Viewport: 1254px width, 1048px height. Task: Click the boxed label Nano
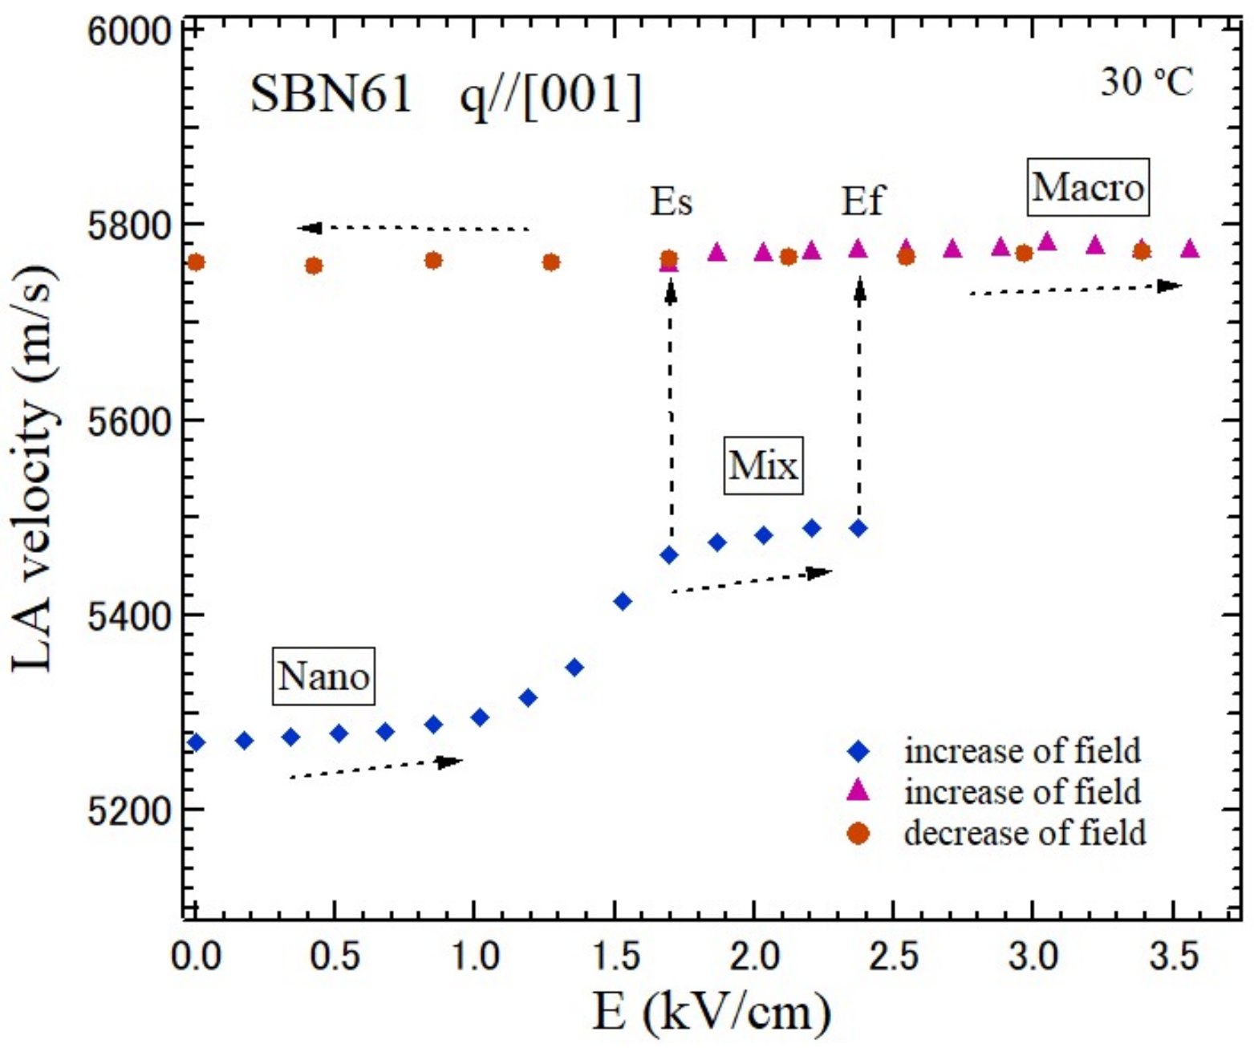click(x=323, y=676)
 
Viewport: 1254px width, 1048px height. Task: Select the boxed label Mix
click(x=763, y=465)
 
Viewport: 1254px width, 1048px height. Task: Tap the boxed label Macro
click(x=1088, y=188)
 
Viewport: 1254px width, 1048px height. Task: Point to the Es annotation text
click(x=671, y=201)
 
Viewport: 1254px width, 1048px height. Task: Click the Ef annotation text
click(x=862, y=201)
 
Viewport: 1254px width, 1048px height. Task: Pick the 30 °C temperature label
click(x=1146, y=82)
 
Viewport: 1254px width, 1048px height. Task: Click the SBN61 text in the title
click(x=331, y=95)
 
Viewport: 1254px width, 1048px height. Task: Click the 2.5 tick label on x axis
click(x=893, y=957)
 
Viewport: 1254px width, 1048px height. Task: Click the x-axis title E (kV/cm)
click(x=711, y=1013)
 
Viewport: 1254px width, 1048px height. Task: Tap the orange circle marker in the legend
click(x=858, y=834)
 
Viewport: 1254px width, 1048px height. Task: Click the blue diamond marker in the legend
click(x=858, y=751)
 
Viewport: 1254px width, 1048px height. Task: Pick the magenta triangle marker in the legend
click(x=858, y=791)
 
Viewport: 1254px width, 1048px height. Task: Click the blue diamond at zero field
click(x=195, y=742)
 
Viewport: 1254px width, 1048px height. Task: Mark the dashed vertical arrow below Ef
click(x=859, y=401)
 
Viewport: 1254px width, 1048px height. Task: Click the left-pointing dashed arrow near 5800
click(x=413, y=229)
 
